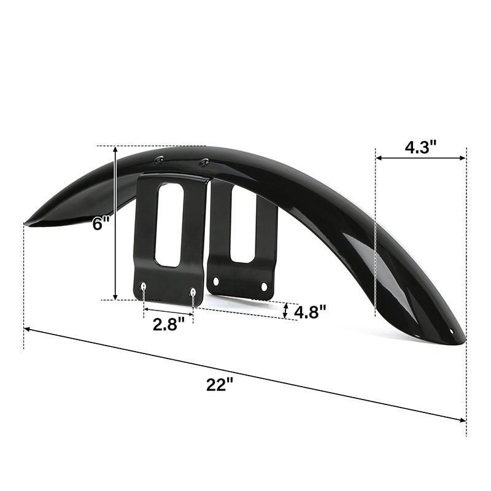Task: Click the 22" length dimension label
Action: [219, 385]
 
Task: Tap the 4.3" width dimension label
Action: [420, 147]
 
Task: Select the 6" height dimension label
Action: [100, 223]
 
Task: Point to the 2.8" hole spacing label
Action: [168, 324]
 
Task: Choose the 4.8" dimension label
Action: [309, 312]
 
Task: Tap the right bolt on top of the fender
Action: [204, 162]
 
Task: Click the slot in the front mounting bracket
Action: [170, 225]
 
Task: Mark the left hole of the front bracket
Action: [144, 286]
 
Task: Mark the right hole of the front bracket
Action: [193, 291]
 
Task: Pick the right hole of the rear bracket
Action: [265, 286]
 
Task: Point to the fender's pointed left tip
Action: [25, 222]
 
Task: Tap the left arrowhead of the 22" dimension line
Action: [28, 330]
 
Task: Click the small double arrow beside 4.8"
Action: [286, 311]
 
